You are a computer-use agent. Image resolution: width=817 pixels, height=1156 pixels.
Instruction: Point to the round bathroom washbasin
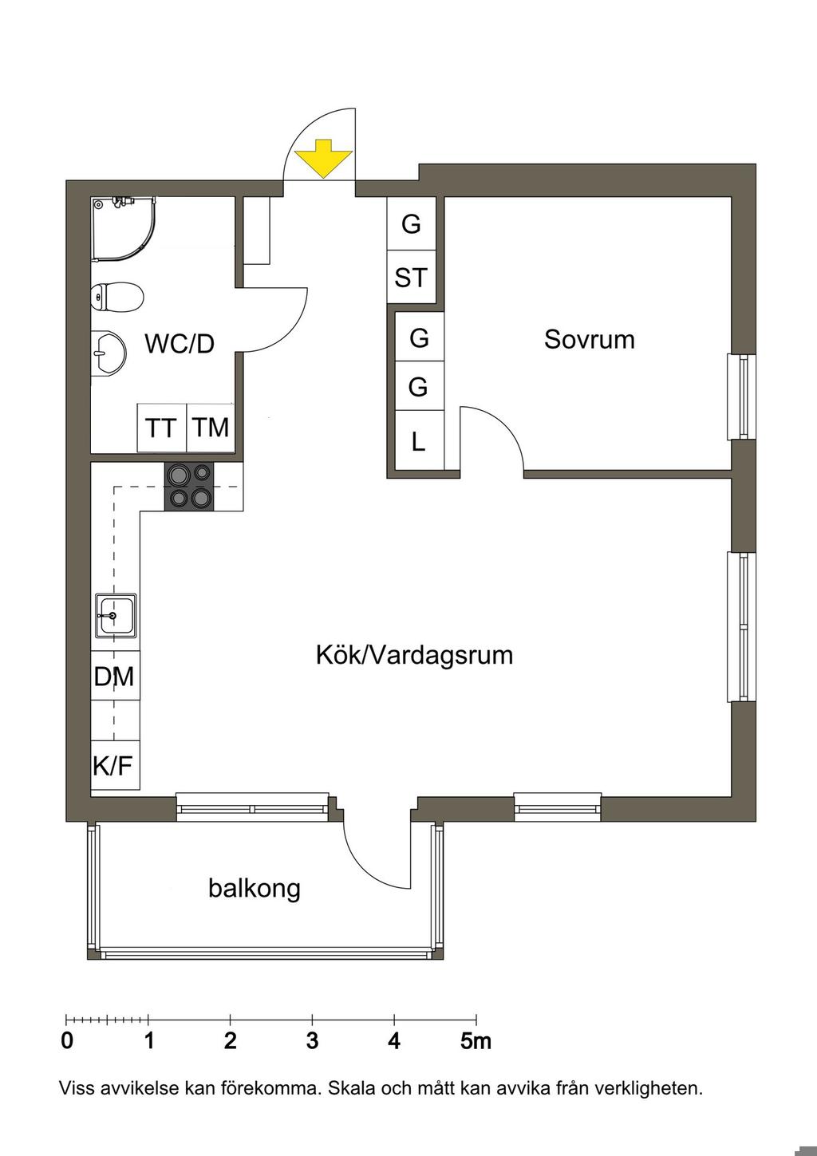pyautogui.click(x=108, y=352)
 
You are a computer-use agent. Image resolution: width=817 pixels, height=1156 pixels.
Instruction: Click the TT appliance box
pyautogui.click(x=161, y=428)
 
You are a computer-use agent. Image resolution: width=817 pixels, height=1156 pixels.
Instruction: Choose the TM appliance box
pyautogui.click(x=211, y=428)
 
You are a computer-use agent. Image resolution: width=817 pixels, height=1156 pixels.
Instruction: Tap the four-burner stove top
pyautogui.click(x=190, y=487)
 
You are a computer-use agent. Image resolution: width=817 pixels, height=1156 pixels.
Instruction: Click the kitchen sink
pyautogui.click(x=116, y=615)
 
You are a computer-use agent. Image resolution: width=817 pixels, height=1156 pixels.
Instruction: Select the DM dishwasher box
pyautogui.click(x=115, y=677)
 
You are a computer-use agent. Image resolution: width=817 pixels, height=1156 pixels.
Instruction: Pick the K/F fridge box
pyautogui.click(x=113, y=766)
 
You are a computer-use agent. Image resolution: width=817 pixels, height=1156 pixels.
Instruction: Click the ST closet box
pyautogui.click(x=411, y=278)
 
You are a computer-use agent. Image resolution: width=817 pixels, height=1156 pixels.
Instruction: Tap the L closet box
pyautogui.click(x=419, y=441)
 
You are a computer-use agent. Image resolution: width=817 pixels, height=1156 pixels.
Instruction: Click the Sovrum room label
pyautogui.click(x=590, y=339)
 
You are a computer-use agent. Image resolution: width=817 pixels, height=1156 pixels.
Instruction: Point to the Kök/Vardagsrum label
pyautogui.click(x=414, y=655)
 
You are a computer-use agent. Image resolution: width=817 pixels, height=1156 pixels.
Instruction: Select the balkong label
pyautogui.click(x=255, y=887)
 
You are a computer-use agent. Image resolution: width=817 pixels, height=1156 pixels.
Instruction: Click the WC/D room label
pyautogui.click(x=180, y=344)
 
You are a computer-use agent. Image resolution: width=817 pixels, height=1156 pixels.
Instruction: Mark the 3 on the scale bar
pyautogui.click(x=312, y=1041)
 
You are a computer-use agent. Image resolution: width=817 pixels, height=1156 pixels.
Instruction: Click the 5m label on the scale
pyautogui.click(x=476, y=1041)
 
